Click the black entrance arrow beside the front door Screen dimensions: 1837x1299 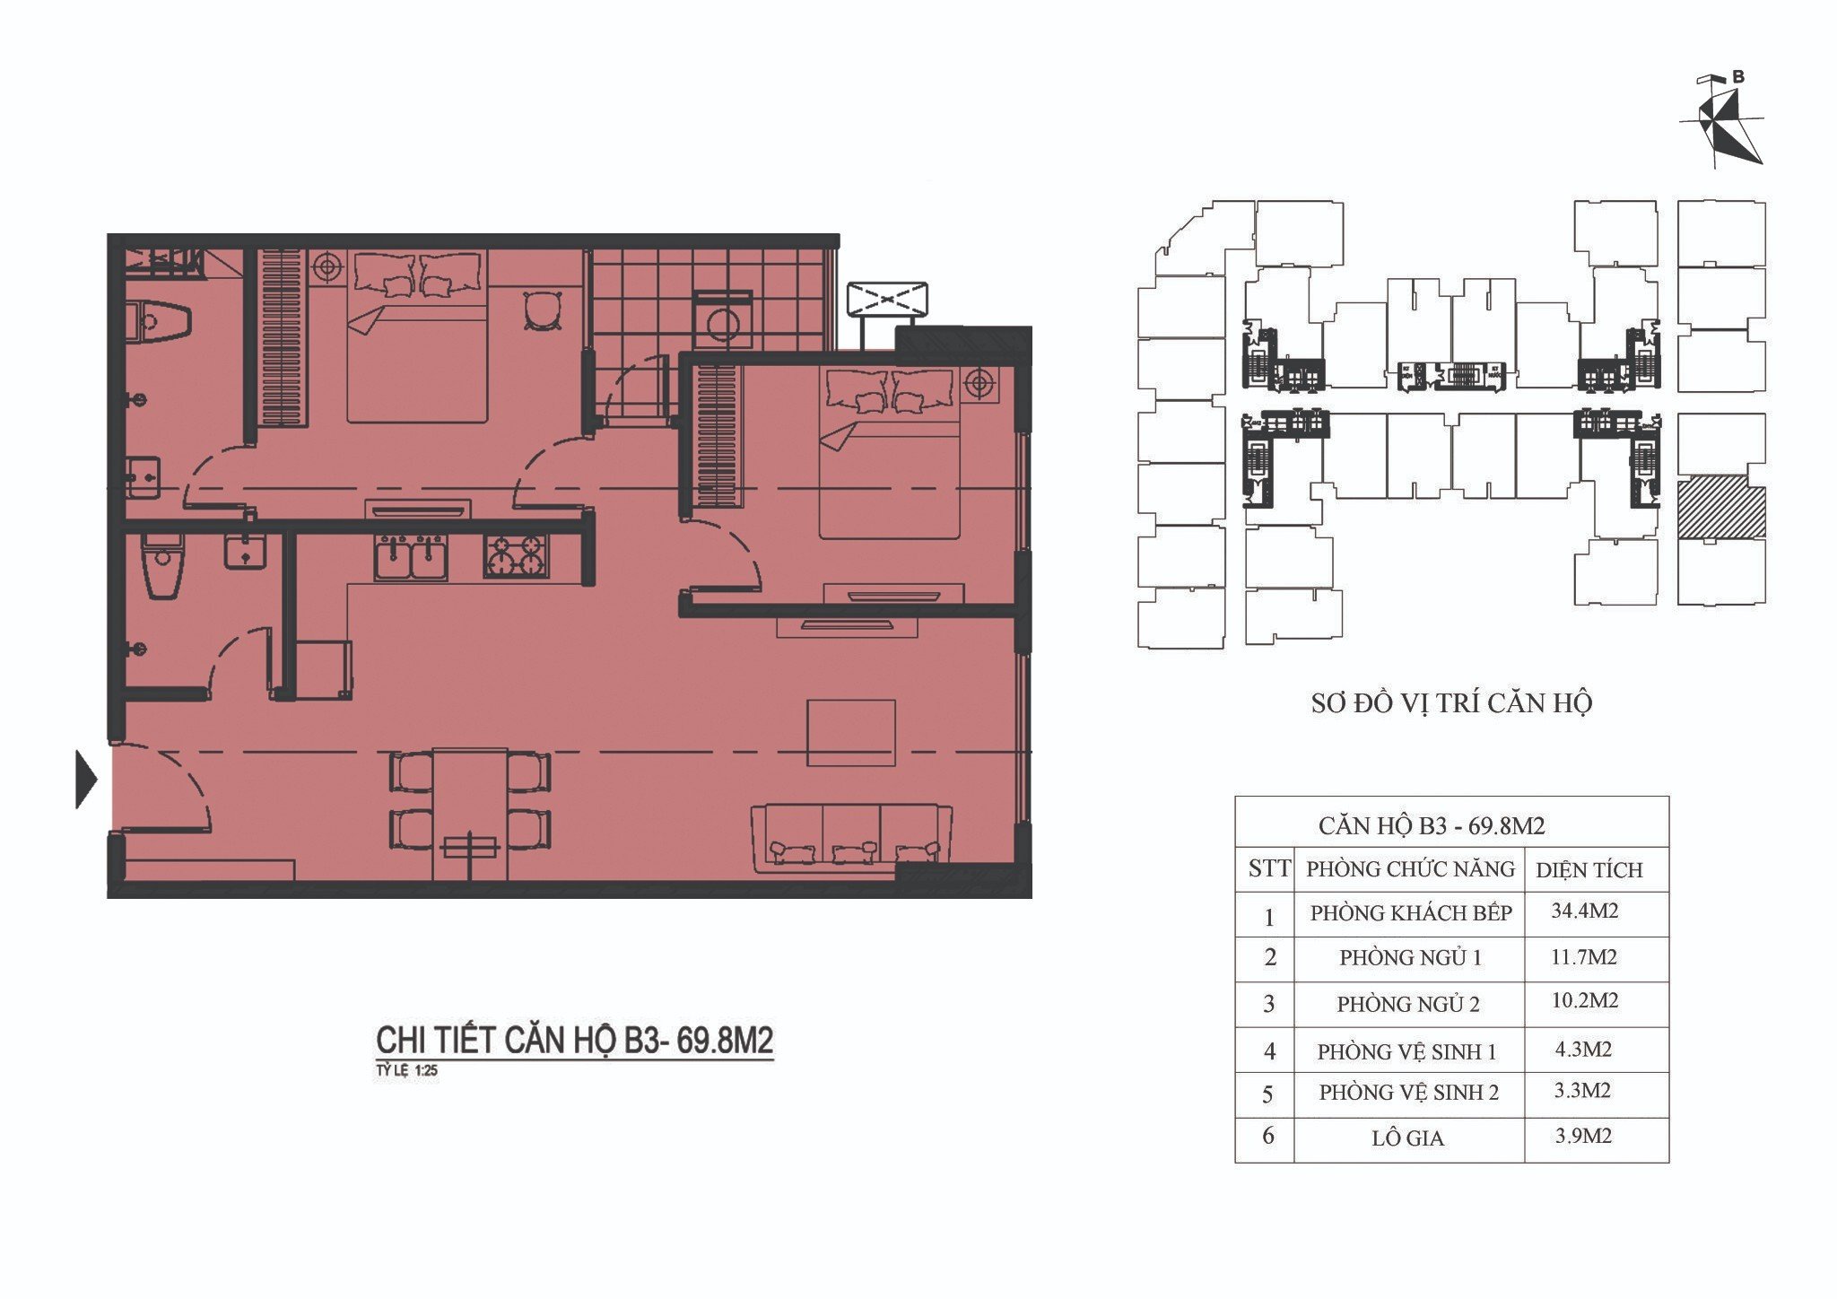85,779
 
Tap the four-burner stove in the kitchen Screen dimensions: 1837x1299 516,555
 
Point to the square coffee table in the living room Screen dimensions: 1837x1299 851,733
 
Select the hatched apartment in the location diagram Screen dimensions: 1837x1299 1721,512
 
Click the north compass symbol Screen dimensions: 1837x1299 1719,121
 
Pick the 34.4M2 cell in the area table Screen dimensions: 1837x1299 1585,911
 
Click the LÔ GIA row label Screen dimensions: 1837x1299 1407,1138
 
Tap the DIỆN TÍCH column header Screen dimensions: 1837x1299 1589,869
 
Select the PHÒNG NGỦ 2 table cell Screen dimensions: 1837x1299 1408,1004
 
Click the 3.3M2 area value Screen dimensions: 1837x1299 1583,1091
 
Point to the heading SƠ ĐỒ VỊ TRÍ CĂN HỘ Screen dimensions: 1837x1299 1451,703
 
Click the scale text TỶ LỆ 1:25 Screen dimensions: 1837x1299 406,1070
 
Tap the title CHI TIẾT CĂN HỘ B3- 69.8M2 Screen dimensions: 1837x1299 574,1041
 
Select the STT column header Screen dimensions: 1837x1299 1268,868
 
